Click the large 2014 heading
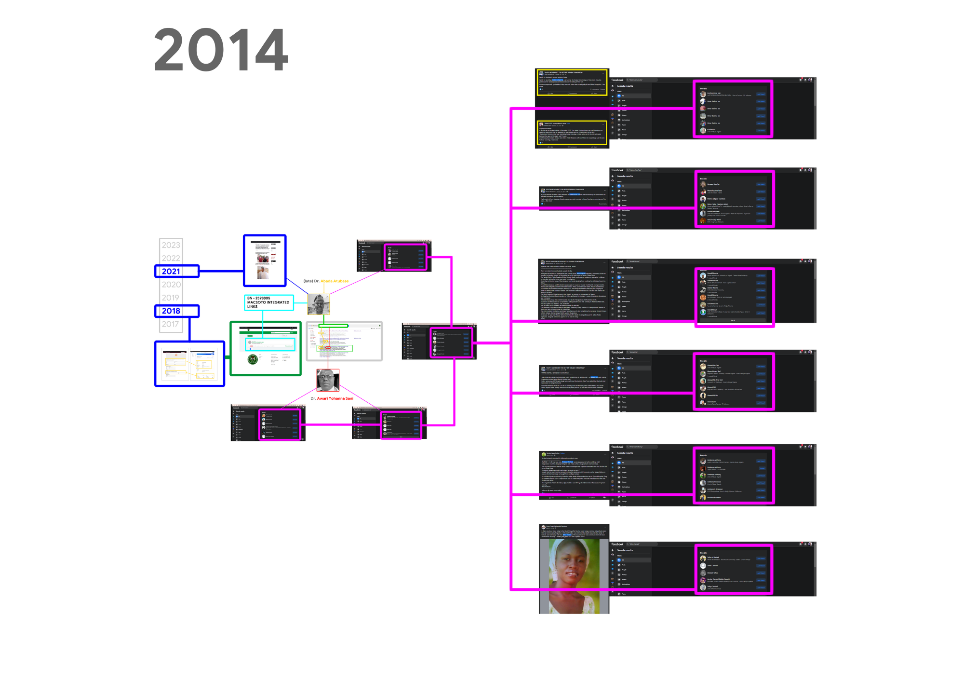(221, 49)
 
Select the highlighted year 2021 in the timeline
(171, 272)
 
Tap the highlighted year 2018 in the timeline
(171, 311)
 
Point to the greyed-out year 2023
(171, 245)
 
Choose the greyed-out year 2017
(170, 324)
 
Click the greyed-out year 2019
(170, 298)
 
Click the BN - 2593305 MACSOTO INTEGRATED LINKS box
(268, 302)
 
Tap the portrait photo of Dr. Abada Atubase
(319, 304)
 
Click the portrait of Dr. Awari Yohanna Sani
(328, 381)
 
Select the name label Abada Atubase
(335, 281)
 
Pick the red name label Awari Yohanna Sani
(335, 398)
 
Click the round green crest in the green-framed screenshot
(252, 359)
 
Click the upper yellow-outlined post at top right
(572, 82)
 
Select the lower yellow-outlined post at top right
(572, 133)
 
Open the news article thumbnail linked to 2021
(265, 260)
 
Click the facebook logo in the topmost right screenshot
(617, 80)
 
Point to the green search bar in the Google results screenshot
(333, 326)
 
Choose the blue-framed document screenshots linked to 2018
(189, 364)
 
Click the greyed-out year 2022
(171, 258)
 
